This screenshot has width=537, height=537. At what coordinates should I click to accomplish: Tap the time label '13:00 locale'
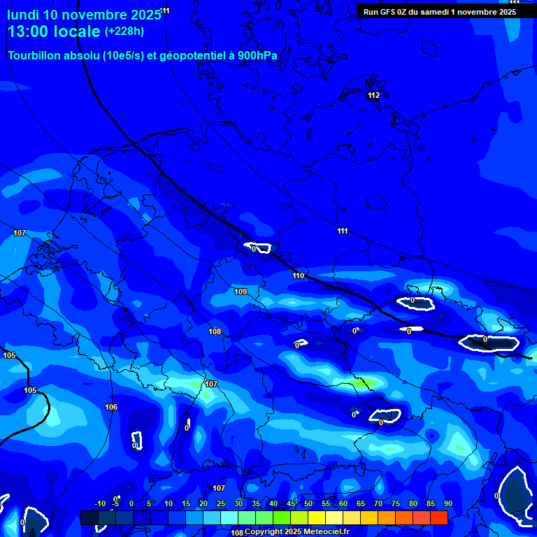click(x=54, y=31)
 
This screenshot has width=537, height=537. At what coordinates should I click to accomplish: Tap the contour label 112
click(x=373, y=95)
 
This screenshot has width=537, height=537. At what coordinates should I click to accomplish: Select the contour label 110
click(x=299, y=275)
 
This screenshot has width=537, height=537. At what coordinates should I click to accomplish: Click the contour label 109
click(x=241, y=292)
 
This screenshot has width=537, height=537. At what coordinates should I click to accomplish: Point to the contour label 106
click(x=111, y=407)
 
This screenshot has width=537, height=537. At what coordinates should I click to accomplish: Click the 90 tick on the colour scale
click(x=447, y=503)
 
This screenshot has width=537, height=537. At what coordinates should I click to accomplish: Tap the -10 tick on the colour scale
click(x=99, y=503)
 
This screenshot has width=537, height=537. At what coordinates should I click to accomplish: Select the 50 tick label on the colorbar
click(x=308, y=503)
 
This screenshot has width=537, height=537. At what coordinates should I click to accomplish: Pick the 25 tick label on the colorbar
click(x=221, y=503)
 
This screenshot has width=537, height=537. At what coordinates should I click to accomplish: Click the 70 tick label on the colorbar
click(x=378, y=503)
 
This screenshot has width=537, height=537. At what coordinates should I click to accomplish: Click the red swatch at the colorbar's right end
click(x=438, y=517)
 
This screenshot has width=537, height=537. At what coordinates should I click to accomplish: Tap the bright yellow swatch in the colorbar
click(x=316, y=517)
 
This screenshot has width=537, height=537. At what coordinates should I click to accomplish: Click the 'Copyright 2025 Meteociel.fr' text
click(x=296, y=531)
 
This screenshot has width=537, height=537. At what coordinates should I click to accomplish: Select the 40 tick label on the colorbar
click(x=273, y=503)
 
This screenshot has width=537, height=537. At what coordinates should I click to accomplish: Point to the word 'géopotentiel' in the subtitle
click(x=190, y=55)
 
